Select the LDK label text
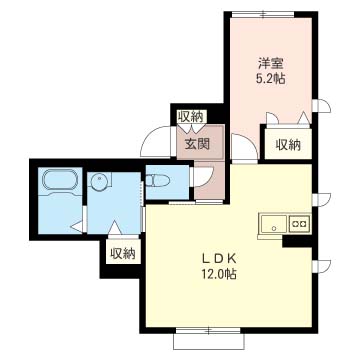(219, 258)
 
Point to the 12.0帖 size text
(219, 274)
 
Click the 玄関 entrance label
(197, 144)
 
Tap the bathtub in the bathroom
(60, 182)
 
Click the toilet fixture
(158, 180)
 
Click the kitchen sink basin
(274, 223)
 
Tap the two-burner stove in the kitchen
(299, 223)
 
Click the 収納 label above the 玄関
(190, 116)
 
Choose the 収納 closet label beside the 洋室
(288, 145)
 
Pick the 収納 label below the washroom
(123, 254)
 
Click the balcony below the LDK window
(209, 342)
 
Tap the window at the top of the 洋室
(263, 14)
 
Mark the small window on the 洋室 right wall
(321, 106)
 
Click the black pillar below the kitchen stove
(297, 241)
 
